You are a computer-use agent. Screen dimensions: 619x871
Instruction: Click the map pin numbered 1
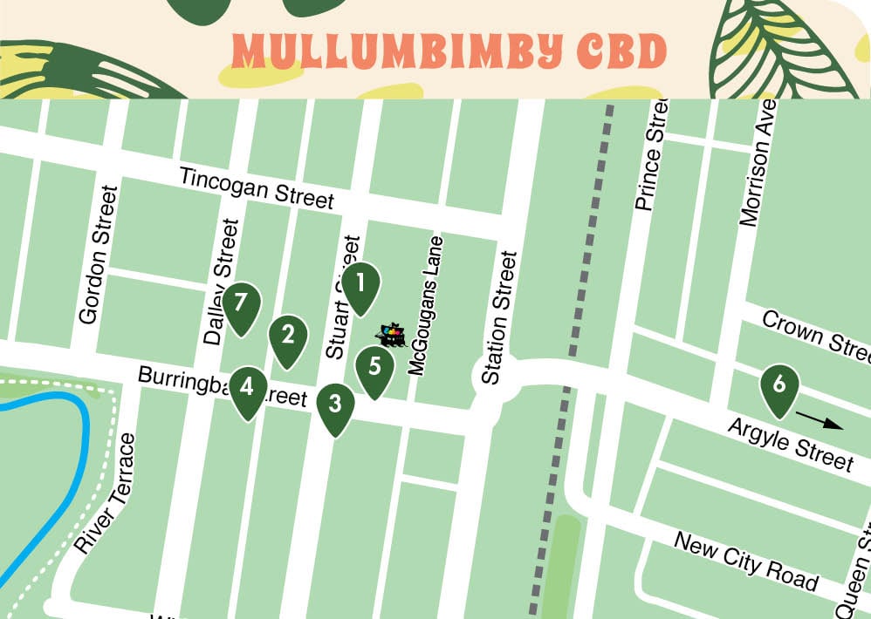360,283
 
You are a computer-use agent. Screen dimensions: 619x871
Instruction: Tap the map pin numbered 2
288,336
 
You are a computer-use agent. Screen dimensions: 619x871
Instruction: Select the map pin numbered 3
335,405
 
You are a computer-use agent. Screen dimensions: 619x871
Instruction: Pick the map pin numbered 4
248,387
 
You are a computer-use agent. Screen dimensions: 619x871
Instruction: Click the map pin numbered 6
779,384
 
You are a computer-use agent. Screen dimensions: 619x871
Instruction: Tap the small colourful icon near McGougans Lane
392,335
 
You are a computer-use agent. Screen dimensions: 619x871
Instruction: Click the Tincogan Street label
257,188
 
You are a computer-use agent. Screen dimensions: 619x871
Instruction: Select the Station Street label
498,318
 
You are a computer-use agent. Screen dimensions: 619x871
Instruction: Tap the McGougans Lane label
427,305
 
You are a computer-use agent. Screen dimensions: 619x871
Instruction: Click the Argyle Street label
791,444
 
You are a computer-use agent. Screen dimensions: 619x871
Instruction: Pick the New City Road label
746,561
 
